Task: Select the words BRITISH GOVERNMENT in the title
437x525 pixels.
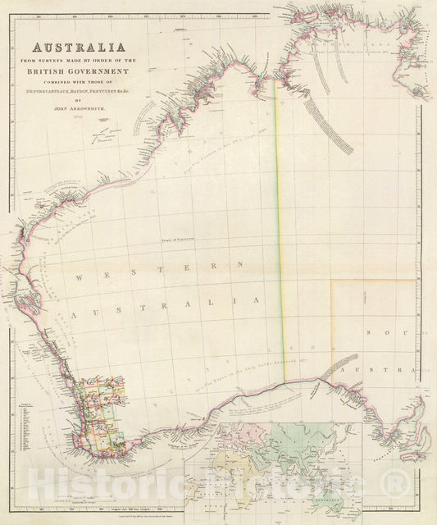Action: pyautogui.click(x=79, y=71)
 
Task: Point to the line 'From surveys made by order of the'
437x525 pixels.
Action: pyautogui.click(x=79, y=60)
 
